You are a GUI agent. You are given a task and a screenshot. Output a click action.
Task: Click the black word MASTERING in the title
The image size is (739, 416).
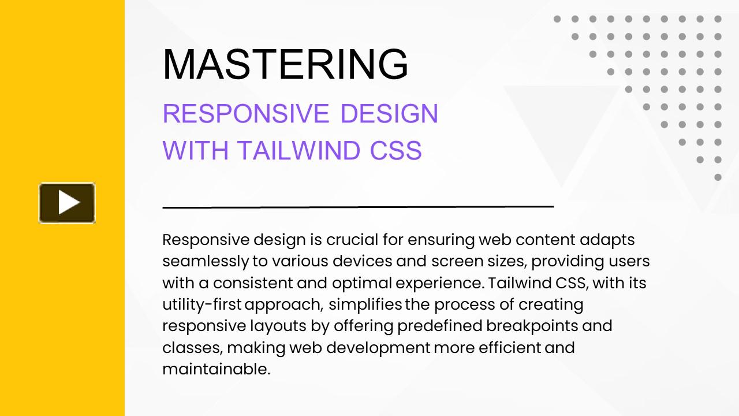coord(285,64)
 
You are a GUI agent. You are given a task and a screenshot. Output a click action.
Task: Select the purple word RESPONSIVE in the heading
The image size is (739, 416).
coord(246,114)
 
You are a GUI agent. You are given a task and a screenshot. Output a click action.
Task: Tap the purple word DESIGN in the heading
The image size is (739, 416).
coord(389,114)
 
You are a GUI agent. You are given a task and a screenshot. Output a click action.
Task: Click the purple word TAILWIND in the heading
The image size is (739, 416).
coord(298,150)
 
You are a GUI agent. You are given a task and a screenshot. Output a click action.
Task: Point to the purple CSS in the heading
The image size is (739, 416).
coord(396,150)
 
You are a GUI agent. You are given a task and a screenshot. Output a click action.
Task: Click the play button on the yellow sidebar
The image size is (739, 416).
coord(67,203)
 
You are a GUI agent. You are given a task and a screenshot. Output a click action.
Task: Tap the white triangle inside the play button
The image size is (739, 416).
coord(69,202)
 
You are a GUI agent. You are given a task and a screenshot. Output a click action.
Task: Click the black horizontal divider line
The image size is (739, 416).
coord(359,207)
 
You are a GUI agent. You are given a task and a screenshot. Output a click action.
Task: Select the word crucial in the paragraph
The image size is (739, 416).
coord(352,239)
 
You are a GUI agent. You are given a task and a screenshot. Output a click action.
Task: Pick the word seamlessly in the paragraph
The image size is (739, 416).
coord(206,262)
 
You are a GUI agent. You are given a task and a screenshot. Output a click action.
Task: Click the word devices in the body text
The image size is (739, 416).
coord(362,261)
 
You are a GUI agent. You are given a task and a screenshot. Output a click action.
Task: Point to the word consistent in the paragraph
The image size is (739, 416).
coord(253,283)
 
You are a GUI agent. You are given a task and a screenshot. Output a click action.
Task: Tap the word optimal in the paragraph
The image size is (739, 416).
coord(362,284)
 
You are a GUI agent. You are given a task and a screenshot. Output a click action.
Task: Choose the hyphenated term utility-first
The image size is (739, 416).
coord(202,304)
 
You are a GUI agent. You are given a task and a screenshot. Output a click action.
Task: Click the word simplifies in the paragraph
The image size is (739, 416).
coord(365,305)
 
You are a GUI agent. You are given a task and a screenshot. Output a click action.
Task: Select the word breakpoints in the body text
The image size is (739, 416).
coord(532,326)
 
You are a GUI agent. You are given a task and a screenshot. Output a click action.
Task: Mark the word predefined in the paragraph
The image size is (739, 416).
coord(440,326)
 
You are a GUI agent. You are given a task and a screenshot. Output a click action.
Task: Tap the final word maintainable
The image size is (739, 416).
coord(217,369)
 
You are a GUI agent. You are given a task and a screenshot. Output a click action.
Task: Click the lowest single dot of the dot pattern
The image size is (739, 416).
coord(718,177)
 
